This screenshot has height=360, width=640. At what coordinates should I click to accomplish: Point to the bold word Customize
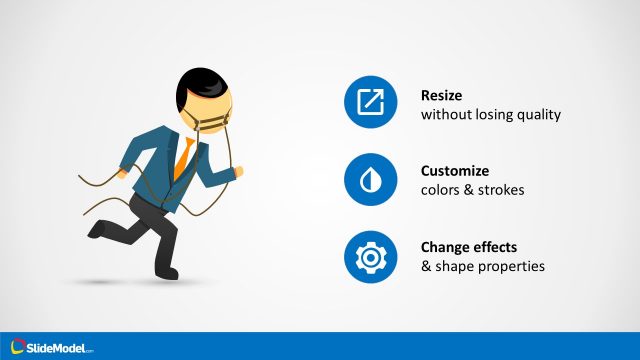coord(455,171)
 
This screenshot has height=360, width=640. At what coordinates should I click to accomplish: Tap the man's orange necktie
coord(183,158)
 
